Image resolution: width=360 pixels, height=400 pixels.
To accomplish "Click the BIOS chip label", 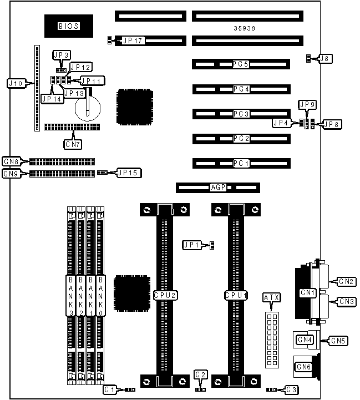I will click(69, 26).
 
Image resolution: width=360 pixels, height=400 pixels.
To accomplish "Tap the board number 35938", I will click(245, 28).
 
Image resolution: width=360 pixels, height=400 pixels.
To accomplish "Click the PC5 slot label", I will click(241, 64).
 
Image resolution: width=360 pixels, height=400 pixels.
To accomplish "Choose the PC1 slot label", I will click(241, 164).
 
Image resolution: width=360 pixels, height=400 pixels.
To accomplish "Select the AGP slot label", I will click(218, 188).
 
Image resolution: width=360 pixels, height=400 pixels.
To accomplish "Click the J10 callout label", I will click(15, 83).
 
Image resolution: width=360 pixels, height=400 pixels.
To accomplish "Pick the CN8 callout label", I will click(11, 161).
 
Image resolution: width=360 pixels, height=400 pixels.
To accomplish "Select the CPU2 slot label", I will click(165, 296).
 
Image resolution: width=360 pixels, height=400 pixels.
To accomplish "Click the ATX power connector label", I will click(271, 298).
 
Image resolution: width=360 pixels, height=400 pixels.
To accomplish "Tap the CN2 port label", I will click(348, 281).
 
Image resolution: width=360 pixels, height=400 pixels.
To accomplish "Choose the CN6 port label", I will click(304, 366).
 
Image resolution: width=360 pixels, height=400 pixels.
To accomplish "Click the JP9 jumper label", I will click(307, 104).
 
